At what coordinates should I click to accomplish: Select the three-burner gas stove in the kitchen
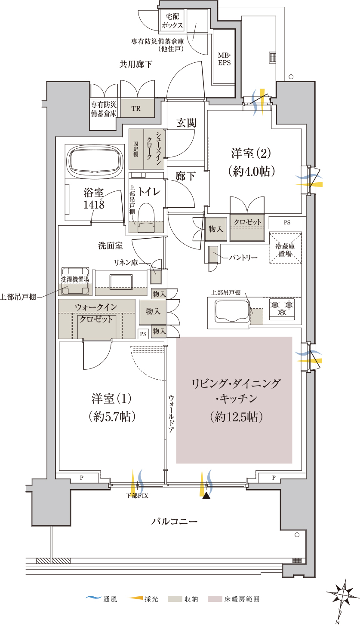point(282,308)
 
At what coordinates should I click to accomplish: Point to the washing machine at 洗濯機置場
point(75,281)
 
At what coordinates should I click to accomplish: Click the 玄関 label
point(186,123)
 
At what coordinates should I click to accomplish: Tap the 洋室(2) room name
point(251,153)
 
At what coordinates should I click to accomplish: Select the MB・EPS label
point(224,59)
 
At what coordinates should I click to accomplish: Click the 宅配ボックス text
point(172,21)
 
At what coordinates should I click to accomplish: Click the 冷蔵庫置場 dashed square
point(285,248)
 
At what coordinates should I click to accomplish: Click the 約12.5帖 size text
point(236,417)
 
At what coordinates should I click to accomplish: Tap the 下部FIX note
point(137,496)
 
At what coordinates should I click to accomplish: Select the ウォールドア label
point(171,414)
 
